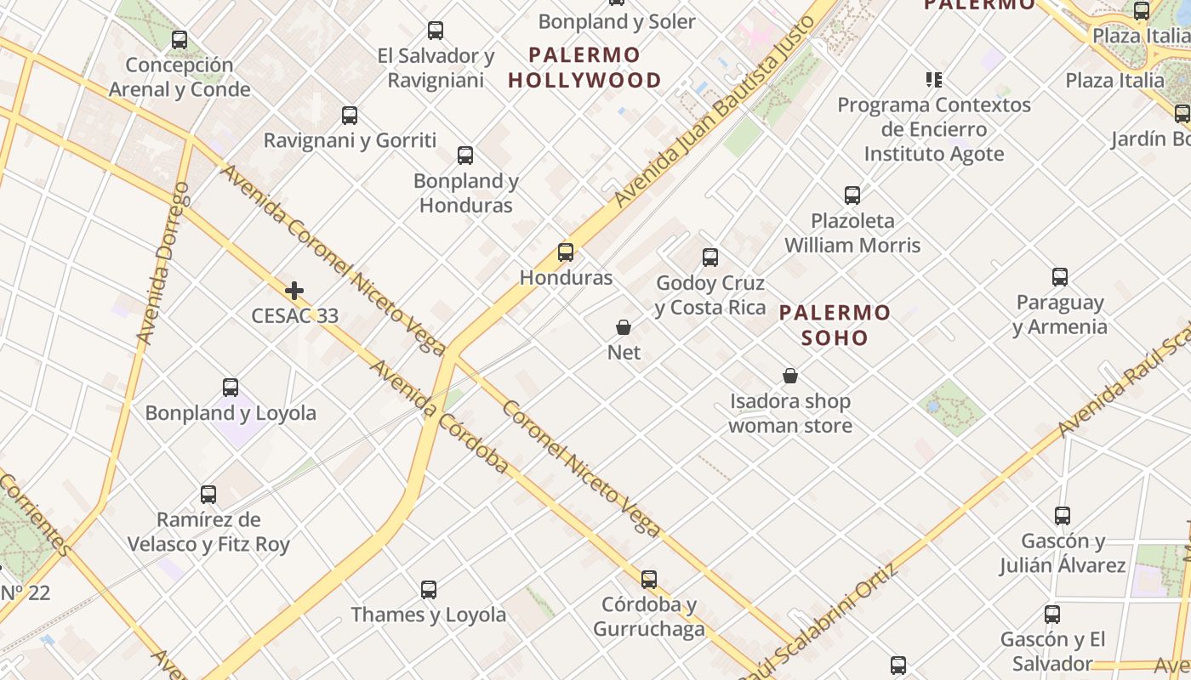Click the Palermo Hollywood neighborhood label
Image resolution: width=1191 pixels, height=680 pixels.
point(584,68)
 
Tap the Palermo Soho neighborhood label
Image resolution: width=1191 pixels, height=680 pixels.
point(835,325)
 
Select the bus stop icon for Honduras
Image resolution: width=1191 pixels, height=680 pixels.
point(566,252)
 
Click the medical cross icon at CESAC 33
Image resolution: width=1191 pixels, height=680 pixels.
point(294,291)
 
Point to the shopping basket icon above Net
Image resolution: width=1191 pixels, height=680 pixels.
point(624,327)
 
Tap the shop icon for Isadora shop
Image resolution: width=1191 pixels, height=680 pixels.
point(790,376)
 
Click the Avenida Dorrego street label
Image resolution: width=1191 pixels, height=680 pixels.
point(163,263)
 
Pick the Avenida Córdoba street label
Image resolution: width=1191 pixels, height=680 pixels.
point(439,417)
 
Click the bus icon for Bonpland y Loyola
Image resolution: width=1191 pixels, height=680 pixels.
point(231,388)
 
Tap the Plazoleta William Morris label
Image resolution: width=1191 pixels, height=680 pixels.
point(852,233)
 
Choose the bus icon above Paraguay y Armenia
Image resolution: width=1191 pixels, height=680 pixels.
point(1060,277)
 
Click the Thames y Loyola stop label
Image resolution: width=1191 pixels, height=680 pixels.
point(428,615)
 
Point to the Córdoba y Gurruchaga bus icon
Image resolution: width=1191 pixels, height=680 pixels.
point(649,580)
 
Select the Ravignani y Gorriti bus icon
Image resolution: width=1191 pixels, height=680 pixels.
point(350,116)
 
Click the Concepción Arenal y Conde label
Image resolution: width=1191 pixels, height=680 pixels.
point(180,77)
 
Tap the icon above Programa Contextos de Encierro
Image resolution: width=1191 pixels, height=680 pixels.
point(934,80)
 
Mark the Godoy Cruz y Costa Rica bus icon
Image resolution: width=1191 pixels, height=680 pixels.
point(710,258)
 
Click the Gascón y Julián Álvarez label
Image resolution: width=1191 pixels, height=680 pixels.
point(1063,552)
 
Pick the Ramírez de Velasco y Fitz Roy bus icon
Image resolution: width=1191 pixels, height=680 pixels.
point(208,495)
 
